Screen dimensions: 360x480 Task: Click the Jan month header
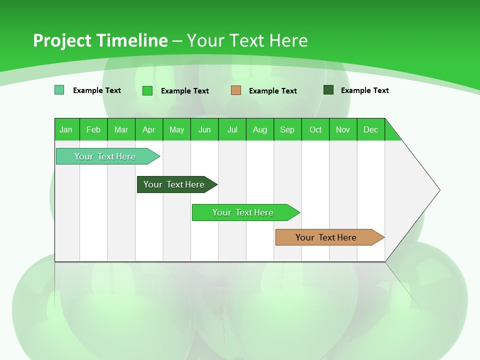66,129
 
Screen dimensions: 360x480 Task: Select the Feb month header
93,129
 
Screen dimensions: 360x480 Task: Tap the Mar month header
121,129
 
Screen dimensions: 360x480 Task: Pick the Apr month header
149,129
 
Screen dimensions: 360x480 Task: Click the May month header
176,129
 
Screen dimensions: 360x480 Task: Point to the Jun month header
204,129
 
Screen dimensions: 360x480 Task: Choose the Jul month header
232,129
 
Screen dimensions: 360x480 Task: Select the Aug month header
260,129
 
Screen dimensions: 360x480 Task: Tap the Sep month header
287,129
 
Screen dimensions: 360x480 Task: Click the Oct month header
315,129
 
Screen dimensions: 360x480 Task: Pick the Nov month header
343,129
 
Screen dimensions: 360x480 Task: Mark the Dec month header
371,129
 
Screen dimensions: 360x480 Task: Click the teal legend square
59,90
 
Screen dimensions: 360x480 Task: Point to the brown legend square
236,90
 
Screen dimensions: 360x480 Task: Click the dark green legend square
328,90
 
